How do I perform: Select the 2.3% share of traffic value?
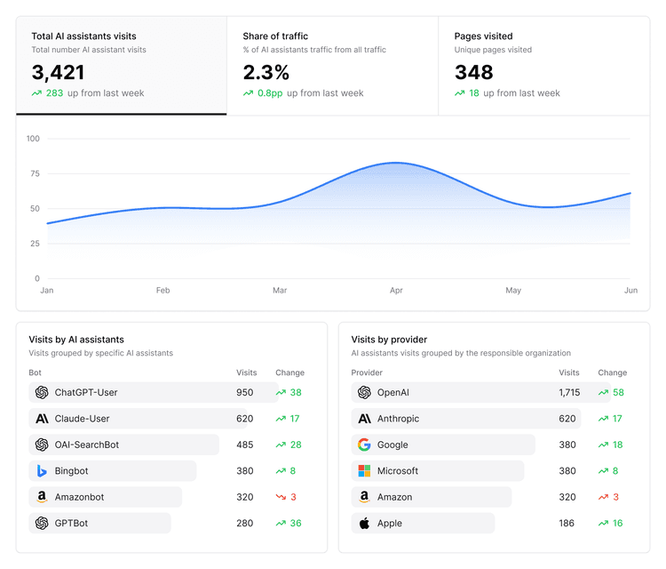coord(266,72)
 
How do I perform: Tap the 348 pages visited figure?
coord(473,72)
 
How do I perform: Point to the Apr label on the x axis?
coord(396,291)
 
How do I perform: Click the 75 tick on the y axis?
coord(34,174)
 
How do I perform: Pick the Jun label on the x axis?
coord(630,291)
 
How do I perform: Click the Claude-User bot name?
coord(83,419)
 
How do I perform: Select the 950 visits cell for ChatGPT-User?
coord(244,392)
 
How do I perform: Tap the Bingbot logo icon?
coord(42,471)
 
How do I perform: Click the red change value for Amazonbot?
coord(293,497)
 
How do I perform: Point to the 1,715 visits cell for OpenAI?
coord(569,392)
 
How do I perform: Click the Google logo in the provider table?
coord(364,445)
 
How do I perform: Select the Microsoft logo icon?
coord(364,471)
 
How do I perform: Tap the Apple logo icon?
coord(364,524)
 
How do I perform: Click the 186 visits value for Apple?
coord(567,524)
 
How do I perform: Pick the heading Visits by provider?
coord(389,340)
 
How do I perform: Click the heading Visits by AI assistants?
coord(76,340)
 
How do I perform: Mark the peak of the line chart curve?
coord(395,163)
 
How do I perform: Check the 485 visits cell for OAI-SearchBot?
coord(244,445)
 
